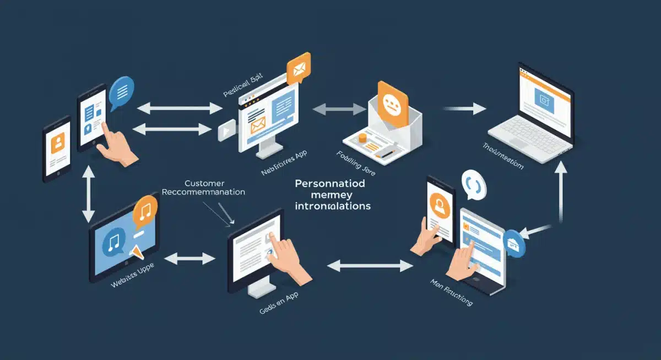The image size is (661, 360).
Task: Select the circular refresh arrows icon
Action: coord(473,187)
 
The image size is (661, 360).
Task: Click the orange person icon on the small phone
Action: coord(57,145)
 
